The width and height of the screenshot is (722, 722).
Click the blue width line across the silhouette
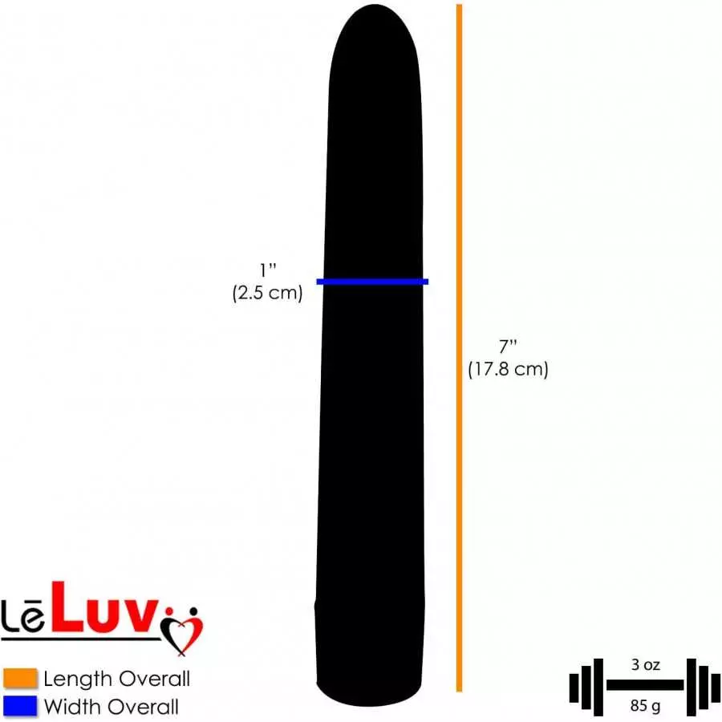pos(372,281)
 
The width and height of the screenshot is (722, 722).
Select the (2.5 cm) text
pos(267,294)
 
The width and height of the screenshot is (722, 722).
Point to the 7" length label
pos(508,347)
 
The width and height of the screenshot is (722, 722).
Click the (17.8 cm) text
pos(508,370)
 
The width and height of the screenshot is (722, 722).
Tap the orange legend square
pos(19,679)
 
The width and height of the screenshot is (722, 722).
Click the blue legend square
pos(19,706)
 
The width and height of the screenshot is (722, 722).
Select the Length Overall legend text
pos(116,679)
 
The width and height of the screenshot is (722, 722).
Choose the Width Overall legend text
pos(111,706)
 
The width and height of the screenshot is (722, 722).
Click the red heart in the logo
pos(183,630)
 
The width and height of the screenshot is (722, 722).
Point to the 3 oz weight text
pos(645,665)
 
